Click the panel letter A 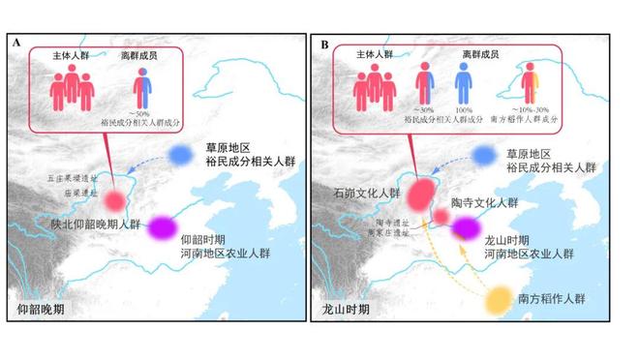point(16,44)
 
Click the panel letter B point(325,44)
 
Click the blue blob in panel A point(180,155)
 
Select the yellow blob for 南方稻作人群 point(500,299)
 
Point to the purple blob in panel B point(467,227)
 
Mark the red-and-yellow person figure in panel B point(530,88)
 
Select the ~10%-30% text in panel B point(530,115)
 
